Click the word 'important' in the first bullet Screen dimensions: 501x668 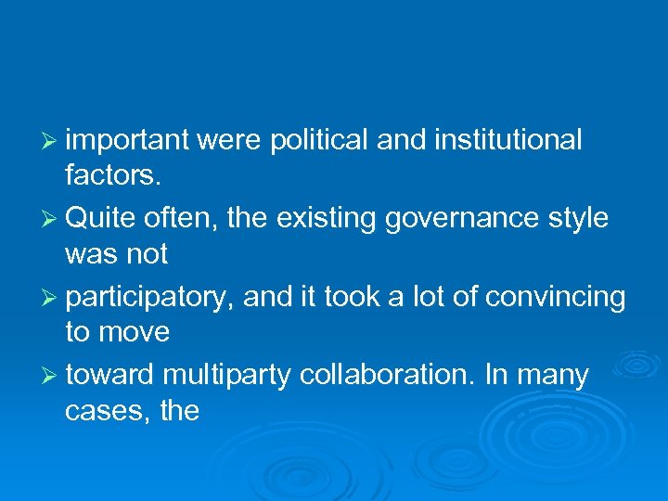point(128,140)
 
